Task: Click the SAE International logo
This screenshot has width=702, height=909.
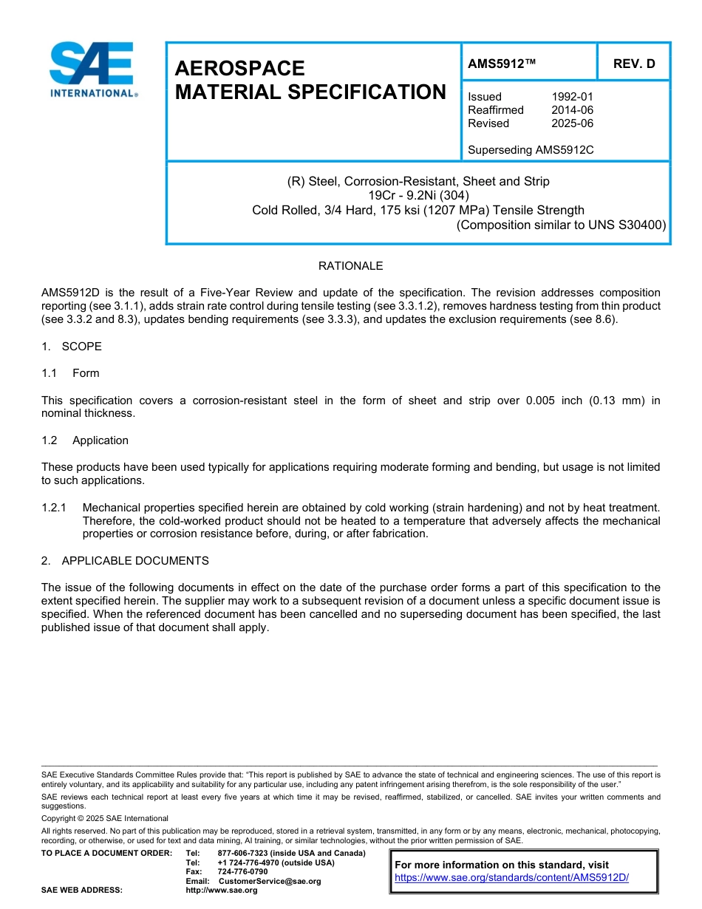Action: click(92, 69)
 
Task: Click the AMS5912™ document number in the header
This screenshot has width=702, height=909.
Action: click(501, 64)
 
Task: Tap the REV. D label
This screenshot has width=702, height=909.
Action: click(633, 64)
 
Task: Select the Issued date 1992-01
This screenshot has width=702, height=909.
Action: click(572, 97)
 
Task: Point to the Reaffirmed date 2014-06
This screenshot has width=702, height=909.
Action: click(572, 110)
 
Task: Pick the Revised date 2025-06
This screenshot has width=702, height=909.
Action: click(572, 123)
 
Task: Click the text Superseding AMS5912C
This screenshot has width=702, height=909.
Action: click(531, 150)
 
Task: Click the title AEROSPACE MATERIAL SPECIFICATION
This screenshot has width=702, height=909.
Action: click(310, 81)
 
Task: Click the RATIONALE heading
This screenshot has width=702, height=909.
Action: click(350, 266)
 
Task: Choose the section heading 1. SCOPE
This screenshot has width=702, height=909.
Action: click(72, 347)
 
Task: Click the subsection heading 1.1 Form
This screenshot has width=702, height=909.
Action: click(70, 373)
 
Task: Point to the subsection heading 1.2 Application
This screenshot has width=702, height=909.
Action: click(85, 440)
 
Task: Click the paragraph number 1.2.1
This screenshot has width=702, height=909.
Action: click(54, 508)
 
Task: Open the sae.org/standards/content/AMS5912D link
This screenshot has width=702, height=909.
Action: click(511, 878)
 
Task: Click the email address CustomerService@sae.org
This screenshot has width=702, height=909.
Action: click(270, 881)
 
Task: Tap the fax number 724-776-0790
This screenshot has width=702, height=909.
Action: click(242, 872)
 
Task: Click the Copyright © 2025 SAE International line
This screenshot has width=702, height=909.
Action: click(105, 818)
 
